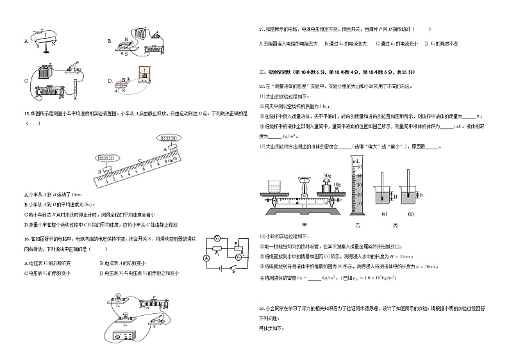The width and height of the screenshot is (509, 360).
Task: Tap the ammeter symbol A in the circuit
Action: [207, 258]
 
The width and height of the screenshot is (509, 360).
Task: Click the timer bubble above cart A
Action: [169, 137]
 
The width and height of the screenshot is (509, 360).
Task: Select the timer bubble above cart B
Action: [106, 158]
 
